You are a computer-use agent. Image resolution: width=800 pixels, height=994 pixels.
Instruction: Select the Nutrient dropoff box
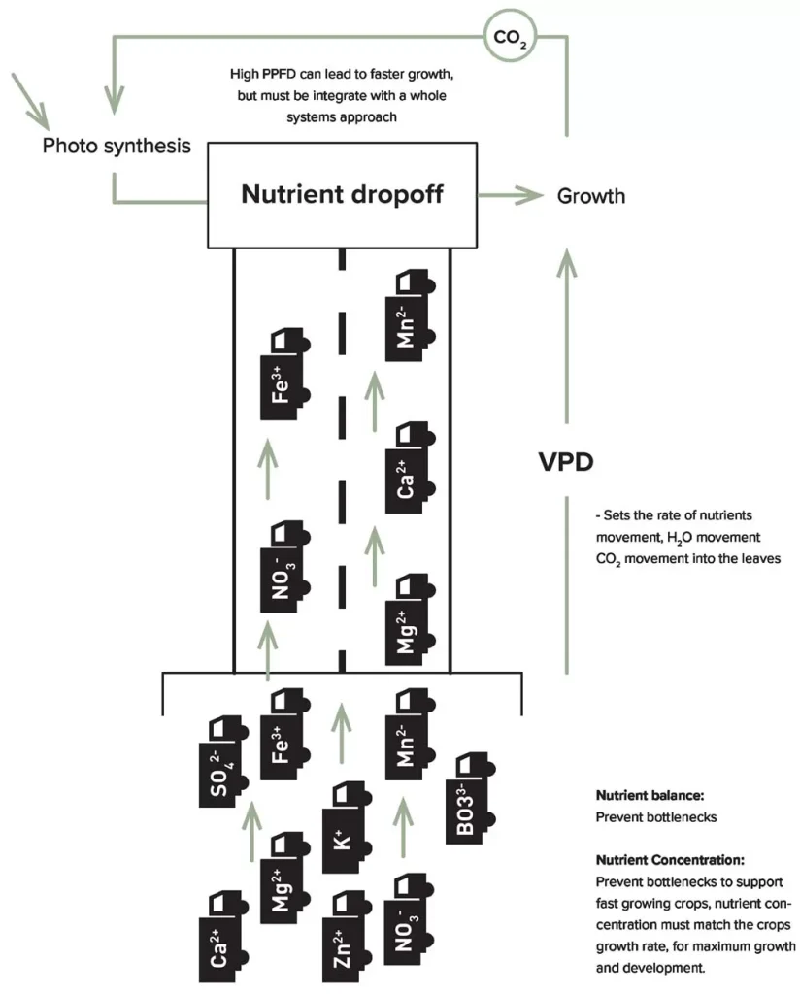tap(342, 194)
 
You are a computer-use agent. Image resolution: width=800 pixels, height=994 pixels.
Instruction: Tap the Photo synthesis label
tap(116, 147)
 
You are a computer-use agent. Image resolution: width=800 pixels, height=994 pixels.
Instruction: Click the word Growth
tap(590, 196)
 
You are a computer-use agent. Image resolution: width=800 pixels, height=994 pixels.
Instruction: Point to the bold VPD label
tap(566, 461)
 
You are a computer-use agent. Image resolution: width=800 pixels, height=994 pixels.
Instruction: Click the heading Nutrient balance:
tap(645, 794)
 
